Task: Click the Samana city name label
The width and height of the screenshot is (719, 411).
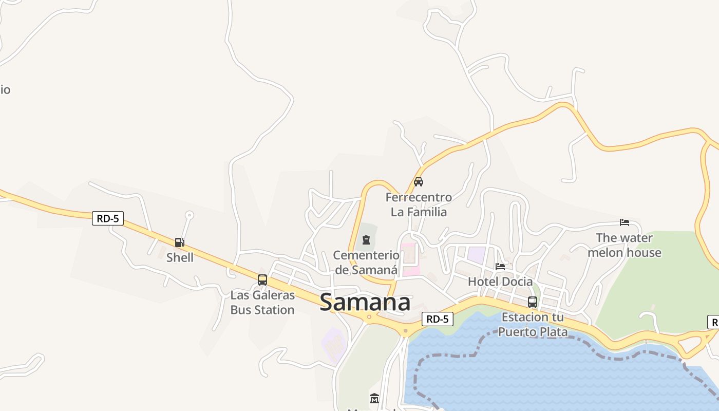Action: (x=365, y=303)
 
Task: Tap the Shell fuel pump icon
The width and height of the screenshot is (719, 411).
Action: (x=179, y=242)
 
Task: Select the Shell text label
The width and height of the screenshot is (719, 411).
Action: (x=180, y=257)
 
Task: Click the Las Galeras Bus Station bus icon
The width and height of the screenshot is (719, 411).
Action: (x=262, y=280)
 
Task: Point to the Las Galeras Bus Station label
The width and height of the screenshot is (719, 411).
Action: (x=262, y=303)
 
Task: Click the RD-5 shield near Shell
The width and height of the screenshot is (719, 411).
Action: (x=108, y=218)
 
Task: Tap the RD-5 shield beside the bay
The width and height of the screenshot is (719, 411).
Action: (x=438, y=319)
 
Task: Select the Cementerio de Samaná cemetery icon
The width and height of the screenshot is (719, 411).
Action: (x=366, y=240)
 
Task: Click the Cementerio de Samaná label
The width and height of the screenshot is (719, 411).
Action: (x=366, y=263)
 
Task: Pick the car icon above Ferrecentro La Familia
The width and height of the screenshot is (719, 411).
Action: (x=419, y=181)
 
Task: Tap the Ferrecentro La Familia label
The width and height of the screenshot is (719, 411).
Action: (x=419, y=204)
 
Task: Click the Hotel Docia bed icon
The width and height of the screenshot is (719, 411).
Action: (x=500, y=266)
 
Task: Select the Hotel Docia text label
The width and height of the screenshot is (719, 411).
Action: (x=500, y=282)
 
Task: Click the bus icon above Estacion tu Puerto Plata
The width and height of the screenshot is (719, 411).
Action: (x=533, y=302)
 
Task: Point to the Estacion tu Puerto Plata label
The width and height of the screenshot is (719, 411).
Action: (x=533, y=324)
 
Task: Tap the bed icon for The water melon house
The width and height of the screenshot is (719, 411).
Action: (x=625, y=222)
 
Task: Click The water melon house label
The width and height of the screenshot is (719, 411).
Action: (x=625, y=245)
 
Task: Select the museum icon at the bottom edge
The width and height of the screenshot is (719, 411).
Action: (x=374, y=399)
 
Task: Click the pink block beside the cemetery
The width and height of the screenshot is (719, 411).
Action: (x=409, y=259)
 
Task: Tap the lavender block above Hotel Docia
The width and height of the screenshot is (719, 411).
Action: (x=476, y=255)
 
